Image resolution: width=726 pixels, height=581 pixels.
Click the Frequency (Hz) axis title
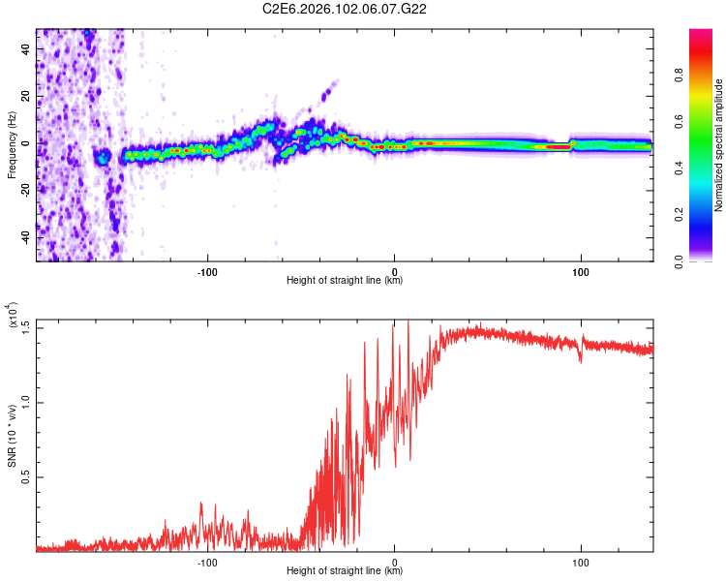click(12, 144)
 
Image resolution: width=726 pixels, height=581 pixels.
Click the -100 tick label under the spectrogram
click(207, 270)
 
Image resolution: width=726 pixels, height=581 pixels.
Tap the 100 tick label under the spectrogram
click(581, 270)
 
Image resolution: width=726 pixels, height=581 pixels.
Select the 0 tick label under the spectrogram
click(394, 270)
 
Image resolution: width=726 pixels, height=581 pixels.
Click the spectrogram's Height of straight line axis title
click(345, 281)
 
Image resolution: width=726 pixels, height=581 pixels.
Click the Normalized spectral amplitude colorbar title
click(719, 145)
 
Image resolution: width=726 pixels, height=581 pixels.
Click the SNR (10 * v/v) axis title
click(13, 435)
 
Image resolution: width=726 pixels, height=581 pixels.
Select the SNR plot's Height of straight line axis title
click(345, 571)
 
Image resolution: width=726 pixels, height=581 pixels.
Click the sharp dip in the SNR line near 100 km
click(581, 360)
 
